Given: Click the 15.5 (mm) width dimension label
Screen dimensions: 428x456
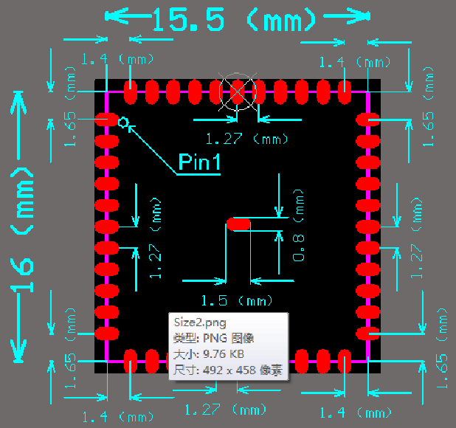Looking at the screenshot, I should [234, 20].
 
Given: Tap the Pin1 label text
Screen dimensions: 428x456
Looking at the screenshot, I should [199, 162].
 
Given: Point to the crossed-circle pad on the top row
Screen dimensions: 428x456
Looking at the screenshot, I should [238, 92].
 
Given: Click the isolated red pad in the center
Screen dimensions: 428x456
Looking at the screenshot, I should [238, 223].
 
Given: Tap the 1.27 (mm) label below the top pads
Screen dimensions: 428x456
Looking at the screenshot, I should [246, 138].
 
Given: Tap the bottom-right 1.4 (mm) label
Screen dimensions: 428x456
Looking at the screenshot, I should [356, 412].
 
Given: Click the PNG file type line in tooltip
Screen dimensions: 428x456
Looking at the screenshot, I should [213, 339].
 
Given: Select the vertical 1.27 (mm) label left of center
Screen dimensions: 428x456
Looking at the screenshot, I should [156, 238].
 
